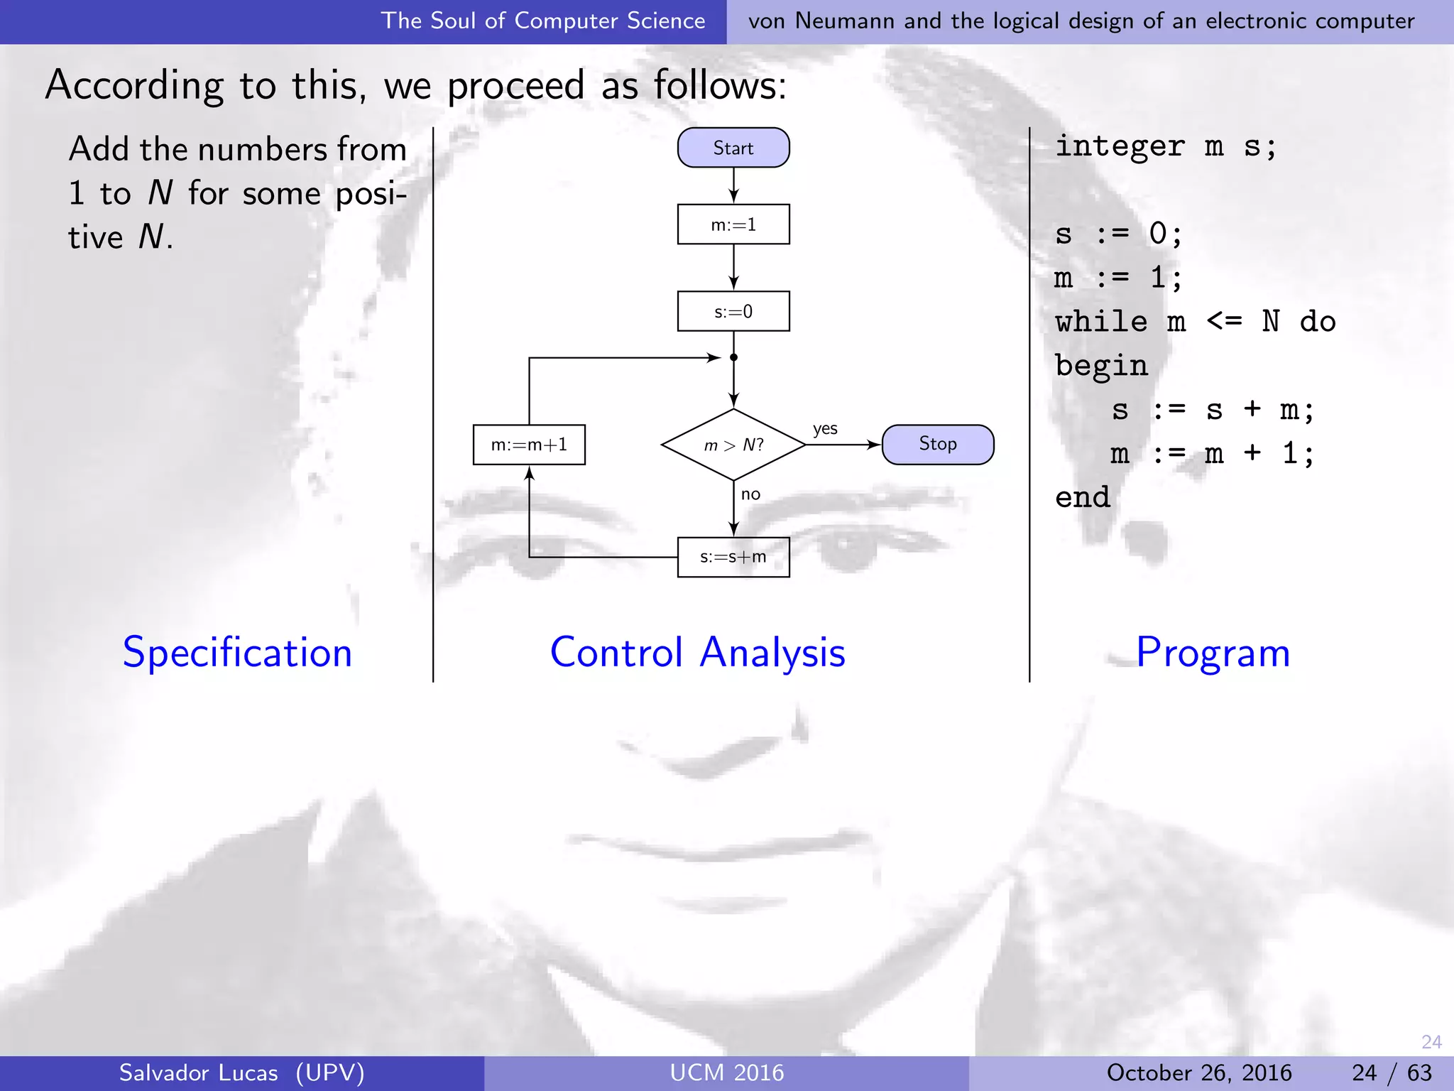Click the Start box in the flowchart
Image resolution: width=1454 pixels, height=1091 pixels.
(x=733, y=148)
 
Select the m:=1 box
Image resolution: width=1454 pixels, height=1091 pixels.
(x=733, y=224)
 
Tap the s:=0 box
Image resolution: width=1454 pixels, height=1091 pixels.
(x=733, y=311)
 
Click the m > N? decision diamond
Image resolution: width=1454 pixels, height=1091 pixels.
(x=733, y=445)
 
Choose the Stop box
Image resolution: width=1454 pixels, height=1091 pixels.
(x=937, y=445)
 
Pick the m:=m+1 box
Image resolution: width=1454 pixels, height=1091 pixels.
(x=529, y=445)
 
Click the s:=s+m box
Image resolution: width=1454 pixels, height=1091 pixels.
(x=733, y=557)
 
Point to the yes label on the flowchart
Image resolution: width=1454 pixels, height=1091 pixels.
(x=825, y=429)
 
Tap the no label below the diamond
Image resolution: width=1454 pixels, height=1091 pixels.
(x=750, y=494)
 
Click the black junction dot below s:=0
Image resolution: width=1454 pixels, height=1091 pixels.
(x=733, y=357)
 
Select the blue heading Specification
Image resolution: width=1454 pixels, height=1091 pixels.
(x=237, y=652)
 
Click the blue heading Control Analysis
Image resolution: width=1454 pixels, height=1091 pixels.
(x=698, y=652)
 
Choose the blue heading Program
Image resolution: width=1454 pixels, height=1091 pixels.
(x=1213, y=652)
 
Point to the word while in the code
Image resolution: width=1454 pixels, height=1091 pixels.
(x=1101, y=322)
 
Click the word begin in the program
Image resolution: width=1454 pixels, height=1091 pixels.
(x=1101, y=367)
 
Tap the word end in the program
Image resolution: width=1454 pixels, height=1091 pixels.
(x=1083, y=497)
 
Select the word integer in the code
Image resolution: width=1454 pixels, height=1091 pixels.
(x=1120, y=146)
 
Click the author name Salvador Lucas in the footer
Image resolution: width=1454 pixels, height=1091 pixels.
(x=199, y=1073)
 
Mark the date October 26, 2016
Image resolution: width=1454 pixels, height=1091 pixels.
(x=1199, y=1073)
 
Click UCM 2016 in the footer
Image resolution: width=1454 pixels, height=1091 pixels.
(x=727, y=1073)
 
